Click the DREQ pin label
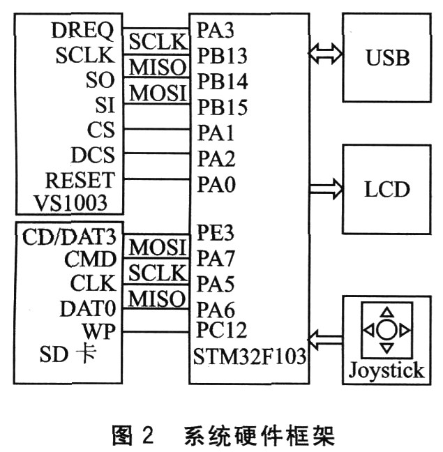(83, 30)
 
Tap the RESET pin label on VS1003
(80, 180)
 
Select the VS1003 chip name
(70, 203)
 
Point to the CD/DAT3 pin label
(69, 237)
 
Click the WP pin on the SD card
(99, 331)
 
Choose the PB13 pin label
(223, 56)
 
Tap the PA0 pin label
(216, 184)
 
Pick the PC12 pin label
(221, 330)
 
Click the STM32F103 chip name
(249, 356)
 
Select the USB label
(388, 58)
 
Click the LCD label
(387, 189)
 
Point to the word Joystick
(386, 370)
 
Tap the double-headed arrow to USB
(326, 54)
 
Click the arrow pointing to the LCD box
(326, 189)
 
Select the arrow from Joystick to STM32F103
(326, 340)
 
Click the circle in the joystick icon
(386, 329)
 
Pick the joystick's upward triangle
(386, 312)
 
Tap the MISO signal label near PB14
(157, 67)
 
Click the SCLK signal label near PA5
(157, 273)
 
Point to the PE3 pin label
(215, 232)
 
